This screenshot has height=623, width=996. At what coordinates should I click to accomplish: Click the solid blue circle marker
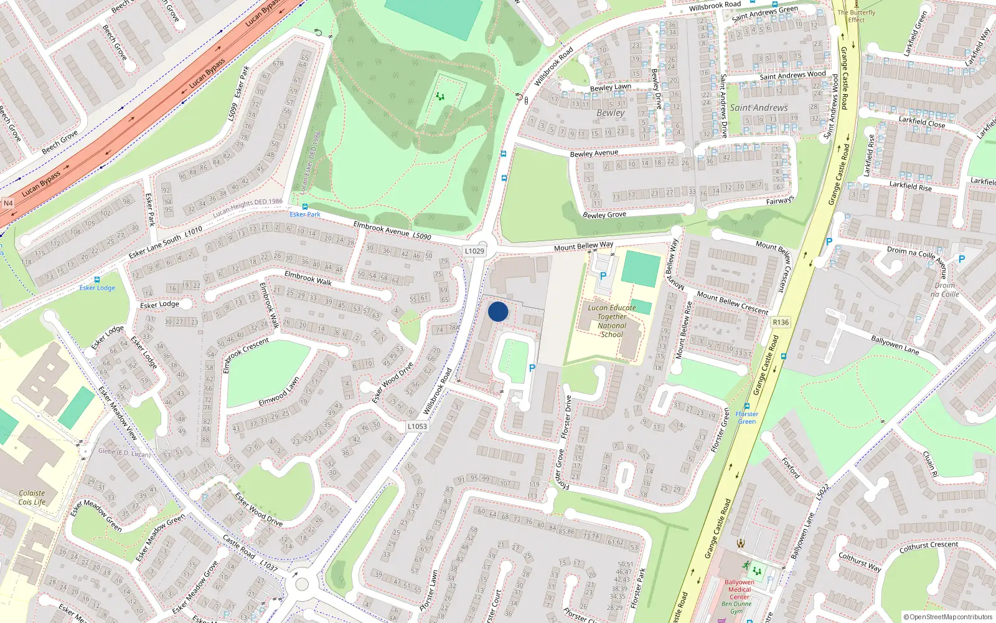[498, 311]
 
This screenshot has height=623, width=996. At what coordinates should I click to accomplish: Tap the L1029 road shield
[474, 251]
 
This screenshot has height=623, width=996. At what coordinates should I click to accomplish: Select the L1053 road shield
[417, 427]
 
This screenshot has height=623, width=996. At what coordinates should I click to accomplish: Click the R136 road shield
[780, 322]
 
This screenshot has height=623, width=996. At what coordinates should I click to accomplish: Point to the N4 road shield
[8, 203]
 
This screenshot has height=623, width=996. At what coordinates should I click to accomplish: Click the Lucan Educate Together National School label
[612, 321]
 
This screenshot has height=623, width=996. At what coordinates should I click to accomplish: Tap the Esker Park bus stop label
[305, 214]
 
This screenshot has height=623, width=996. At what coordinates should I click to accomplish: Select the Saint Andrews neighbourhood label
[759, 108]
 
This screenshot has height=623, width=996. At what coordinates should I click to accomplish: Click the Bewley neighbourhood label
[610, 113]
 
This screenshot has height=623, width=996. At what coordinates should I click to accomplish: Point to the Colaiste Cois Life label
[32, 497]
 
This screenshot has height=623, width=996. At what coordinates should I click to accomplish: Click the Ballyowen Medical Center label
[740, 589]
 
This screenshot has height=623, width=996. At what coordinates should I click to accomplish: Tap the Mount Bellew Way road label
[583, 246]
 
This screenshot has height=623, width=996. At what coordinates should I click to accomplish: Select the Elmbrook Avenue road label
[382, 229]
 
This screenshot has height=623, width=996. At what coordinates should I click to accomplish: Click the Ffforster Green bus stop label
[747, 417]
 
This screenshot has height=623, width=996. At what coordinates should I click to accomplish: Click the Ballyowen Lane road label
[895, 345]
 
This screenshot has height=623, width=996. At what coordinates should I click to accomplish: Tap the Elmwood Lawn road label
[279, 392]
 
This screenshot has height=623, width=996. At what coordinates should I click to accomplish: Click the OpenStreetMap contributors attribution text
[948, 617]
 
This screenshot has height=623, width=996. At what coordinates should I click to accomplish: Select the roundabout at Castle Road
[302, 584]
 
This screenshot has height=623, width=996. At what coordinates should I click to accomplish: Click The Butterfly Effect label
[856, 16]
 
